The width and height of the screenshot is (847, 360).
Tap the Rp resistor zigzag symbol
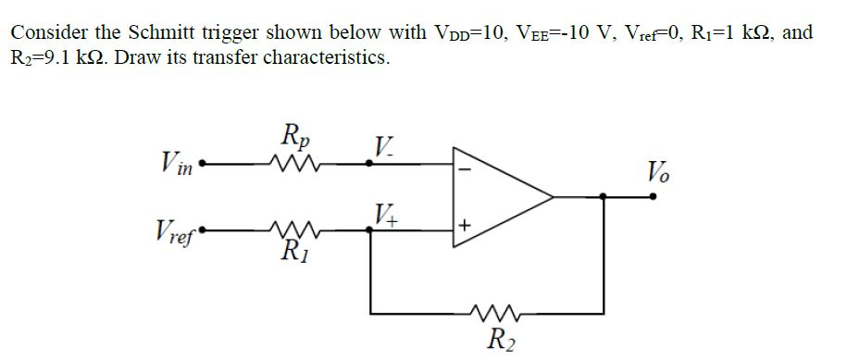(296, 168)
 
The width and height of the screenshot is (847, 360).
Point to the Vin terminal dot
(203, 168)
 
